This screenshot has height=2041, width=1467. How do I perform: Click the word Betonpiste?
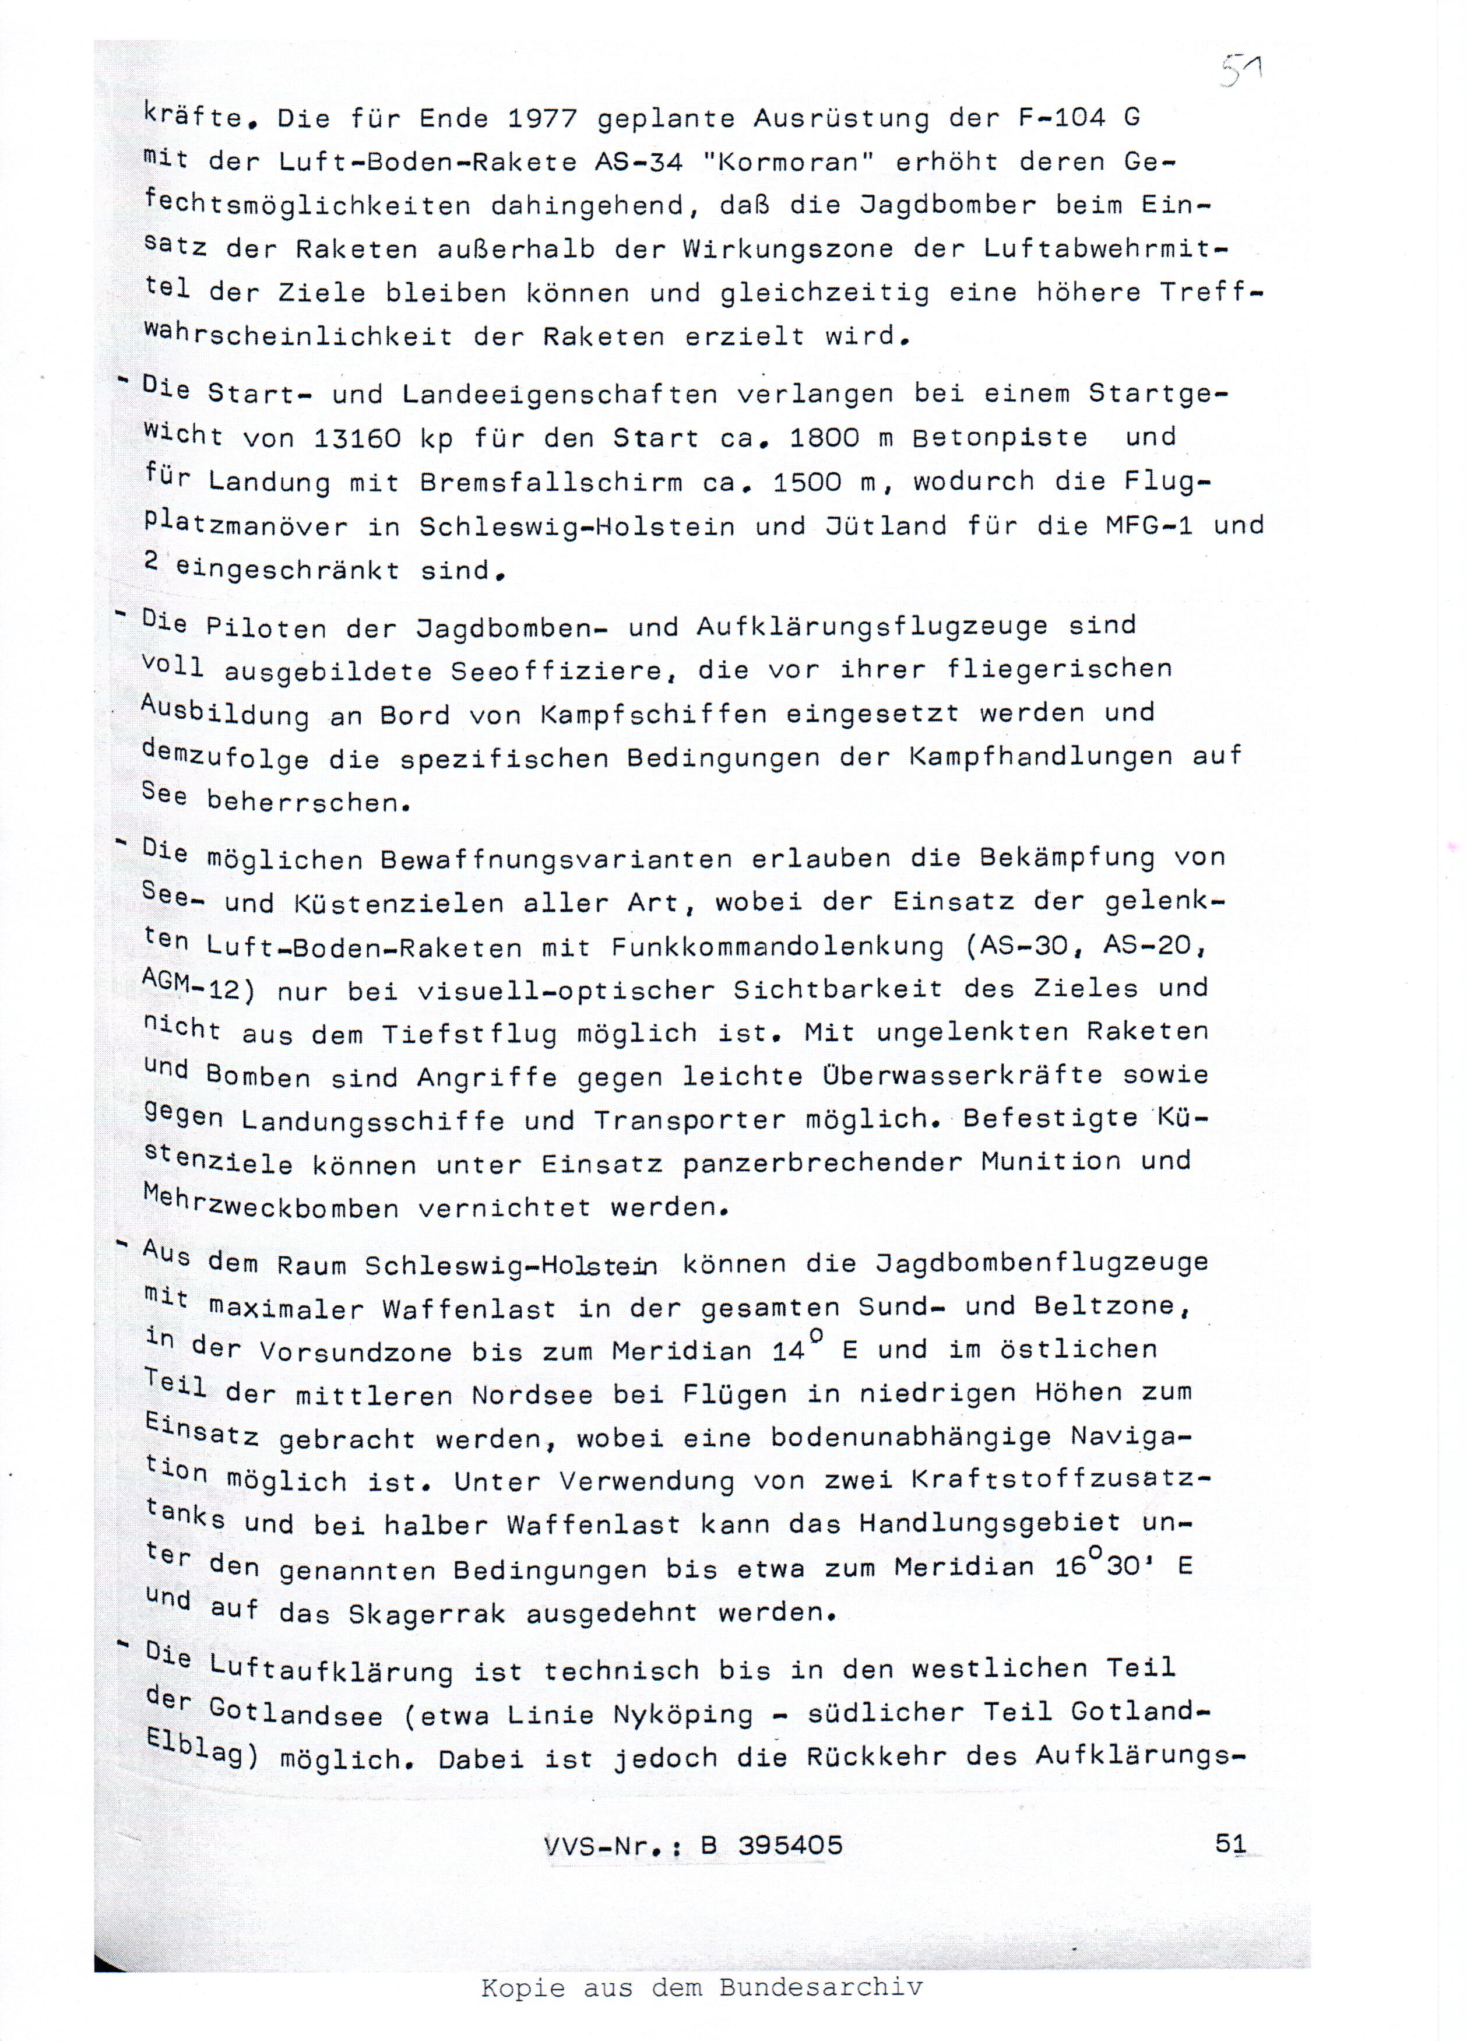point(1000,438)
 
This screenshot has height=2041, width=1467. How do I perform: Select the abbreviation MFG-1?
point(1149,525)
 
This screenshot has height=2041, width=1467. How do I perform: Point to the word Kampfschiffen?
point(654,715)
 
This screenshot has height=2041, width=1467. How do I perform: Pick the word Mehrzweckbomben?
point(270,1205)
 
